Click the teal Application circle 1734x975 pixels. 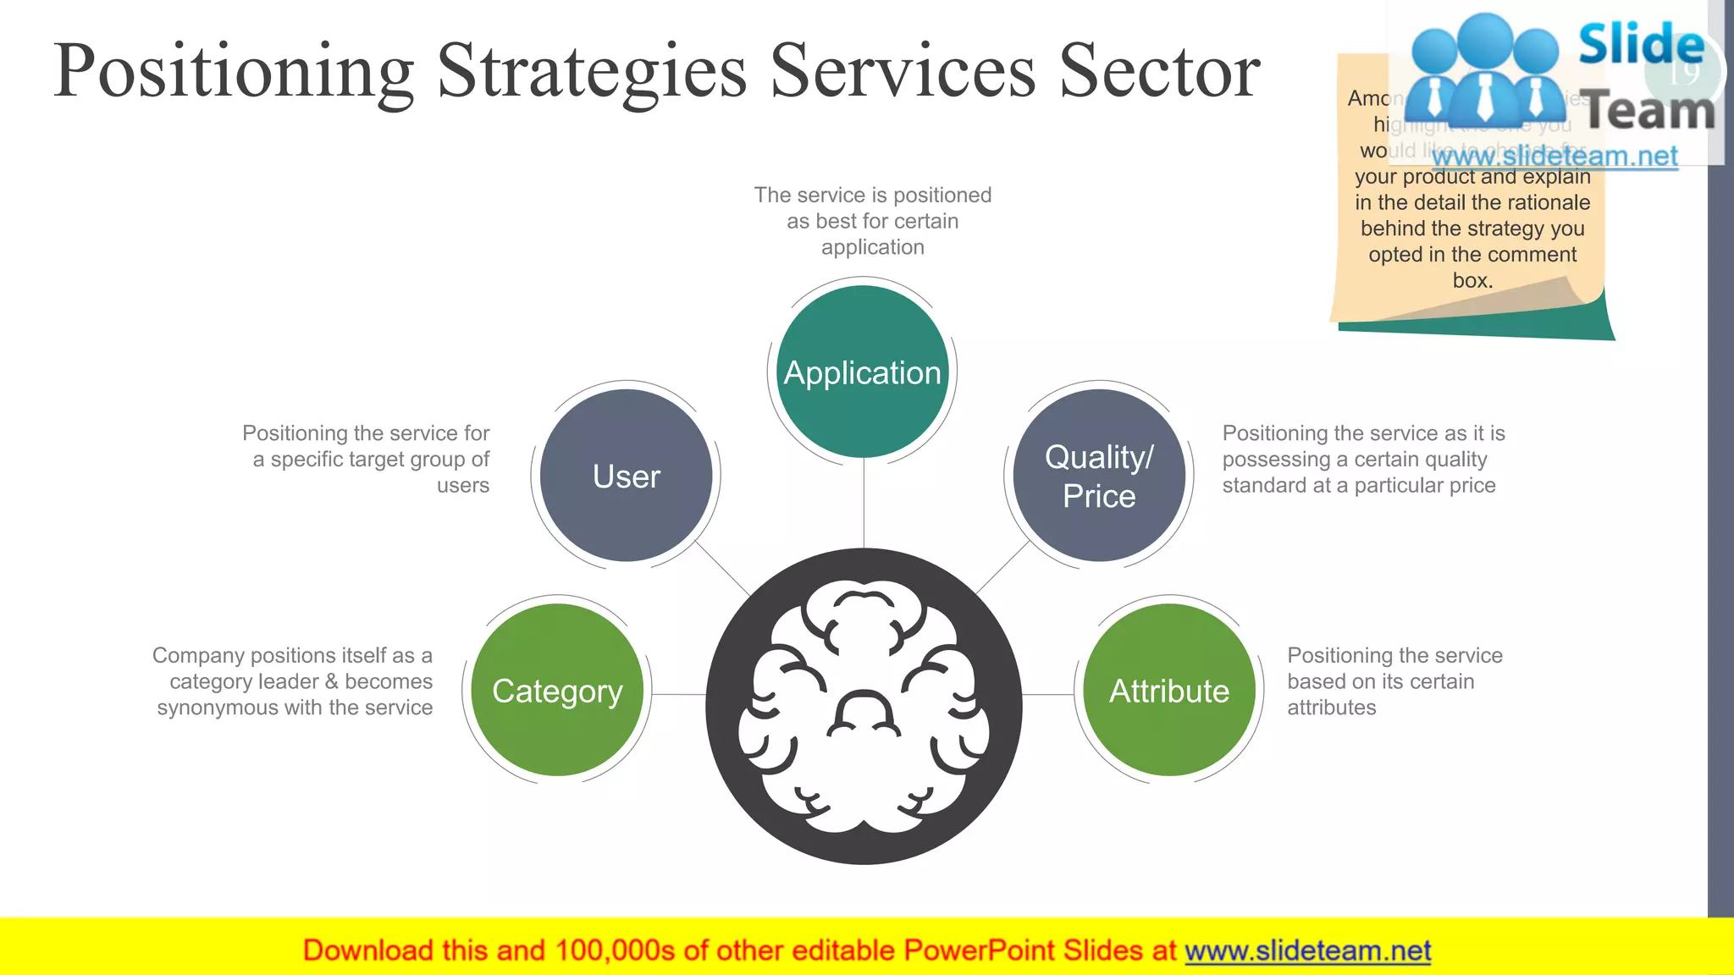(x=862, y=372)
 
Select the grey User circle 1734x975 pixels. (x=627, y=476)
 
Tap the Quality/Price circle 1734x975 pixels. (x=1099, y=476)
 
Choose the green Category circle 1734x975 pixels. (x=557, y=691)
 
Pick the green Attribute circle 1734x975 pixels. (x=1169, y=691)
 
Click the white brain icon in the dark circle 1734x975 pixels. (x=864, y=707)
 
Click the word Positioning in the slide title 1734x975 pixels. (x=234, y=71)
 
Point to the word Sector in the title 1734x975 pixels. (x=1159, y=71)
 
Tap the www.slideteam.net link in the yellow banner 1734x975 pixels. (x=1307, y=951)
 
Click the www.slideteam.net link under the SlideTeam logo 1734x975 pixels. (x=1555, y=157)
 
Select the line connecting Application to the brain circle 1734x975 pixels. (x=864, y=504)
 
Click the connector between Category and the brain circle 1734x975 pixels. (x=677, y=695)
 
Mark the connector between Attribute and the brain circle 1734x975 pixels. (x=1048, y=695)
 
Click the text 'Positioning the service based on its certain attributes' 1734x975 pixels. (x=1394, y=681)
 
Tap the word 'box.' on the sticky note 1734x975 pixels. (x=1472, y=280)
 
